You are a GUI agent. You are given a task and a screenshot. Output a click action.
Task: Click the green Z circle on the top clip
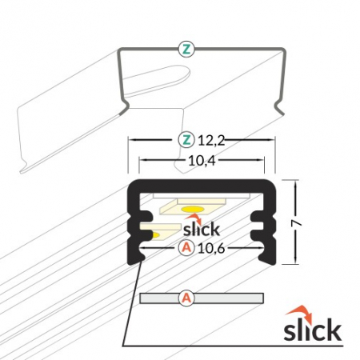click(x=186, y=50)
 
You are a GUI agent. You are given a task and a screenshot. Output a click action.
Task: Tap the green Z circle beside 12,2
click(x=186, y=140)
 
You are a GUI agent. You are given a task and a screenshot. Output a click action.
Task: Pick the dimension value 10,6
click(x=210, y=248)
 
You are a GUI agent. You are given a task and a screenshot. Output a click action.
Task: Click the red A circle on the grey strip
click(x=186, y=298)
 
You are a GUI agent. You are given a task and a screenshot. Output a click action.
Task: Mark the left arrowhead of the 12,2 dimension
click(x=131, y=140)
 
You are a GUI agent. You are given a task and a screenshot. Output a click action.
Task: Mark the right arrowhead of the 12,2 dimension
click(x=274, y=140)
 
